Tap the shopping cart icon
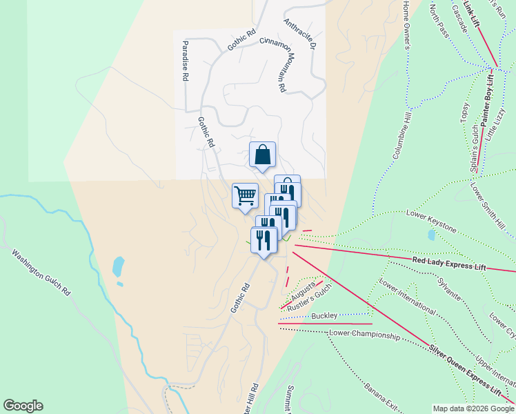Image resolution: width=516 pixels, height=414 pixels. click(x=245, y=196)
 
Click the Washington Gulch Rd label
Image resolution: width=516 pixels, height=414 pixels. click(x=41, y=273)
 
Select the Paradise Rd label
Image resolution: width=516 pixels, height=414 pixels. click(x=185, y=61)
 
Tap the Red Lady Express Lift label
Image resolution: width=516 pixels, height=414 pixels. click(x=449, y=264)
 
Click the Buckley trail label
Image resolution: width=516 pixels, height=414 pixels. click(x=324, y=315)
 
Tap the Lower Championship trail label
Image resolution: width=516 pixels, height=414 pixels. click(x=364, y=335)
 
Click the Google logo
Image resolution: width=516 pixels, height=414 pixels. click(x=23, y=406)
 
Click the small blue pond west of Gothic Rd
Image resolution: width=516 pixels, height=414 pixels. click(x=119, y=265)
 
